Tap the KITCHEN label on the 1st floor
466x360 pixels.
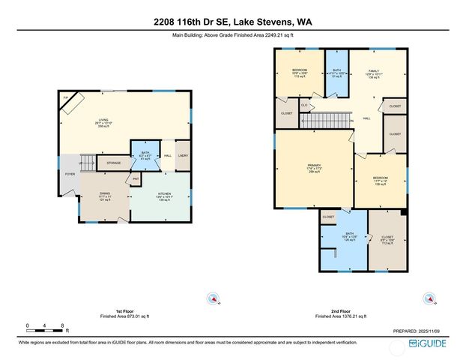[164, 196]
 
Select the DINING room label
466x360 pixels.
[104, 196]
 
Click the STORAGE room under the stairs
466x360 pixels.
[113, 162]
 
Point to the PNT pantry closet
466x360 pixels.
[136, 178]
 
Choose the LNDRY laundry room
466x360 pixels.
[183, 156]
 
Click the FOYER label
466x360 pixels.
[70, 174]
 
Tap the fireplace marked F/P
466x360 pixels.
[67, 100]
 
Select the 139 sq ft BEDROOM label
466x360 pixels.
[381, 181]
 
